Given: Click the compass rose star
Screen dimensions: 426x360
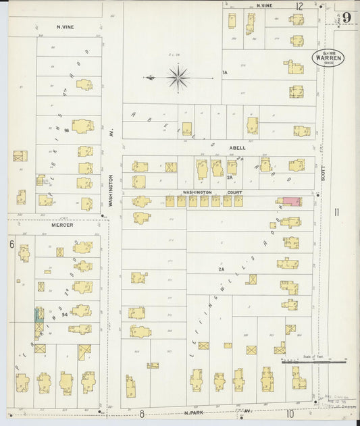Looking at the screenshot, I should [x=178, y=78].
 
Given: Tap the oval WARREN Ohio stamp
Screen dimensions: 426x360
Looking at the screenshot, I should [x=328, y=57].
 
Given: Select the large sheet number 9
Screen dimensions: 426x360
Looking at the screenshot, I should [x=346, y=17].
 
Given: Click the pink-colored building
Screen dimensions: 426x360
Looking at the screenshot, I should [x=291, y=201].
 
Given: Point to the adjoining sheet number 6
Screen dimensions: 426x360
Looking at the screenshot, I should [x=11, y=244].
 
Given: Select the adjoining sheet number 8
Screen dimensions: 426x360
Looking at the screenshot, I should [x=142, y=414].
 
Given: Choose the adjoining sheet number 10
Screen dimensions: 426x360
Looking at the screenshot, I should [x=290, y=414].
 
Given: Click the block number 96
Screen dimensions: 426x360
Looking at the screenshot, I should [x=67, y=130].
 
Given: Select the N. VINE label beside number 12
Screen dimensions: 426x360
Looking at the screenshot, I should [x=264, y=5].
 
